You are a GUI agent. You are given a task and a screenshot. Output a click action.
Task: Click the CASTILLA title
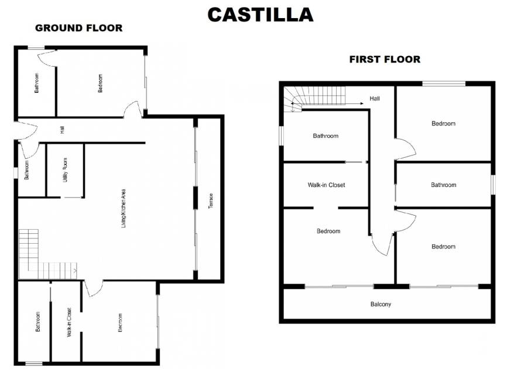click(261, 15)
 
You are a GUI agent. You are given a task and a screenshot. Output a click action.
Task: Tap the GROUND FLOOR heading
click(78, 28)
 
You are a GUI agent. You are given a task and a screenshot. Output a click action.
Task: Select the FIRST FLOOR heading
click(385, 59)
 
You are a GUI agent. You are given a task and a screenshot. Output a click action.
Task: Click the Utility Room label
click(65, 170)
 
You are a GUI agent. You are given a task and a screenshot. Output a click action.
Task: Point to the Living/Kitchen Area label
click(124, 209)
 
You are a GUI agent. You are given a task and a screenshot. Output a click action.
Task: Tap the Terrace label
click(211, 201)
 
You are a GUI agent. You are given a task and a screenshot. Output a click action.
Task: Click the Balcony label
click(381, 304)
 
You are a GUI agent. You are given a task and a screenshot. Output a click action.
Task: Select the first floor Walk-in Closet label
click(326, 185)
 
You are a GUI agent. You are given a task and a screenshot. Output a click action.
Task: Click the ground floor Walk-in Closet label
click(69, 322)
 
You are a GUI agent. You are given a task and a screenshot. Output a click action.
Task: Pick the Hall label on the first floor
click(375, 99)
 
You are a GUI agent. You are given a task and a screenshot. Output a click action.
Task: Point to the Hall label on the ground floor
click(62, 130)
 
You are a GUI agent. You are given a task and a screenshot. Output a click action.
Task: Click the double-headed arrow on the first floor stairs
click(327, 103)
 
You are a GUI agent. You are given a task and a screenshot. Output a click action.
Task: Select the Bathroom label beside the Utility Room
click(27, 170)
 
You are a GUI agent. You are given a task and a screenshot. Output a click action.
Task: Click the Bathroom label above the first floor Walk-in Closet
click(325, 136)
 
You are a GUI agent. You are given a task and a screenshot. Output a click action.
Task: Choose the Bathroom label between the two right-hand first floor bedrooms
click(444, 185)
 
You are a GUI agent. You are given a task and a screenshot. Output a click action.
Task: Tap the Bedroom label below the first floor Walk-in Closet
click(328, 231)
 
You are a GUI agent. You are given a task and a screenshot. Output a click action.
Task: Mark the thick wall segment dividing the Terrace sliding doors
click(196, 198)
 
